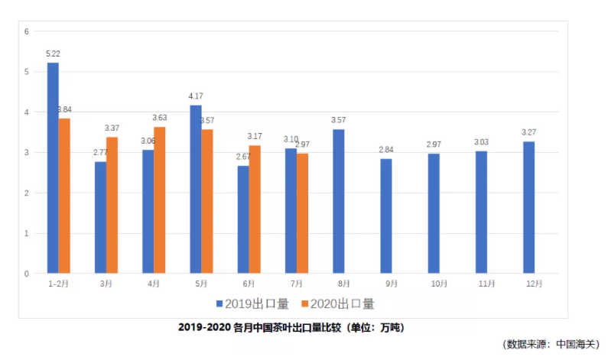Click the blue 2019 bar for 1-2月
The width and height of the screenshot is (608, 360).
tap(53, 168)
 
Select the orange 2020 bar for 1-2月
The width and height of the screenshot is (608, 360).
tap(64, 196)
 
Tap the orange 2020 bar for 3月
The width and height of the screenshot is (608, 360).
tap(112, 205)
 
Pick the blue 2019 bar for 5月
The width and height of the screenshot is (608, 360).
tap(196, 189)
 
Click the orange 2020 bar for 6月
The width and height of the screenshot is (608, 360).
tap(255, 209)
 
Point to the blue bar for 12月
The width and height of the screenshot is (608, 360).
tap(528, 207)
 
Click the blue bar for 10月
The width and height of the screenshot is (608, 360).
tap(434, 213)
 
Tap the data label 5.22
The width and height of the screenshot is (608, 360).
tap(54, 54)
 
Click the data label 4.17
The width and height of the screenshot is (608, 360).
tap(196, 96)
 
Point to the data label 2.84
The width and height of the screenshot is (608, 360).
tap(386, 149)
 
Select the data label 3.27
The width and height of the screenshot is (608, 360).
tap(528, 131)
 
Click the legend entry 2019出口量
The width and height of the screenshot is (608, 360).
tap(252, 304)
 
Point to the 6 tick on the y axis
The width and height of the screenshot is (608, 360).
tap(26, 31)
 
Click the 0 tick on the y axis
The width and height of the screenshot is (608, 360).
tap(26, 274)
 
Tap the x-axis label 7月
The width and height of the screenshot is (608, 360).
tap(297, 284)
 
